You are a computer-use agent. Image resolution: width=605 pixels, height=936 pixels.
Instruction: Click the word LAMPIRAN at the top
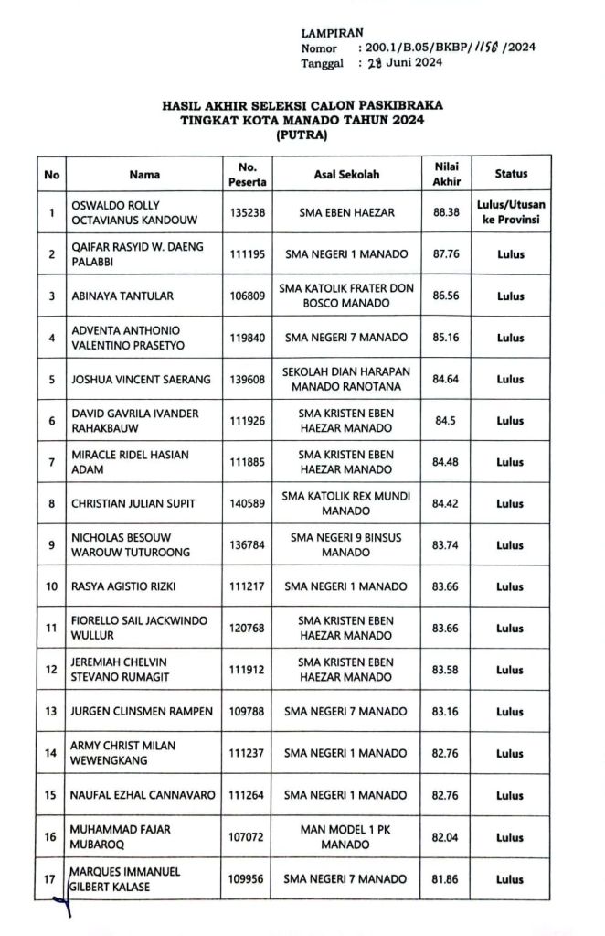point(331,34)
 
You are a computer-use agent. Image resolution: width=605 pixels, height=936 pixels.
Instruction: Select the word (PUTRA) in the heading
point(302,135)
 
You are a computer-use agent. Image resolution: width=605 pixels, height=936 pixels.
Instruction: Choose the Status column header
point(511,174)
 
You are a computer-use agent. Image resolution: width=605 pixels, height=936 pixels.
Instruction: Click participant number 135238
point(248,213)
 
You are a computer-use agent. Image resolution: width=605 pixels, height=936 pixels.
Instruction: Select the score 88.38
point(446,213)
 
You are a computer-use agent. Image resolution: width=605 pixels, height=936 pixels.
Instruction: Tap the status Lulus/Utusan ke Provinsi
point(511,213)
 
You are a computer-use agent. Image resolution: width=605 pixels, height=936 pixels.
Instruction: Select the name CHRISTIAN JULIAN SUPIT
point(133,503)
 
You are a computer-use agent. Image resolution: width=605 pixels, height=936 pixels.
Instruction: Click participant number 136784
point(248,545)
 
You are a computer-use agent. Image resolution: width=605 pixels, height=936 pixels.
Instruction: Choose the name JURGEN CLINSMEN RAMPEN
point(142,711)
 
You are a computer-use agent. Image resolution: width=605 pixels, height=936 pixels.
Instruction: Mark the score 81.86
point(446,879)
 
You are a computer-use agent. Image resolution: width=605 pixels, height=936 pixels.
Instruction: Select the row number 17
point(52,879)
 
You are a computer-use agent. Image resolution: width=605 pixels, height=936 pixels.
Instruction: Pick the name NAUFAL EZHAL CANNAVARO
point(143,796)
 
